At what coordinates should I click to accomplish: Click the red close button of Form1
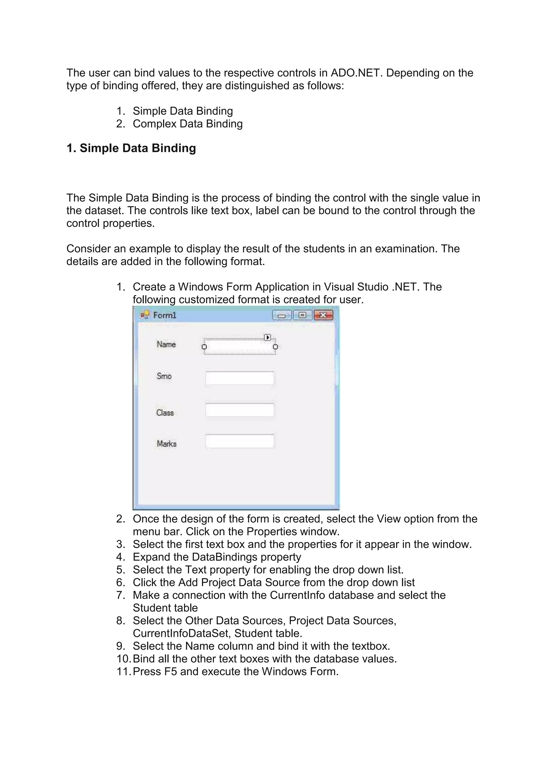(323, 315)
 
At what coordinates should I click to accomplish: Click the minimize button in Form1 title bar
(281, 315)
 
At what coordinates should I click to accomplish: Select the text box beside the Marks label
(240, 441)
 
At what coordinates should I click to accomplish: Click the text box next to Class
(240, 410)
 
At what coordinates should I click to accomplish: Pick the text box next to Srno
(240, 378)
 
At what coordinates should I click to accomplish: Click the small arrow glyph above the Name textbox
(268, 337)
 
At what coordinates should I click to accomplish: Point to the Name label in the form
(166, 344)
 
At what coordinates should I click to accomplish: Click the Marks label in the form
(166, 444)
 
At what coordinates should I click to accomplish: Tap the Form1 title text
(165, 315)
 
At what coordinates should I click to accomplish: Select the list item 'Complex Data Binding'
(188, 124)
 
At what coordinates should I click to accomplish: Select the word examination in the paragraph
(403, 249)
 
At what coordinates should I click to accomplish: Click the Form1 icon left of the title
(145, 315)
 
